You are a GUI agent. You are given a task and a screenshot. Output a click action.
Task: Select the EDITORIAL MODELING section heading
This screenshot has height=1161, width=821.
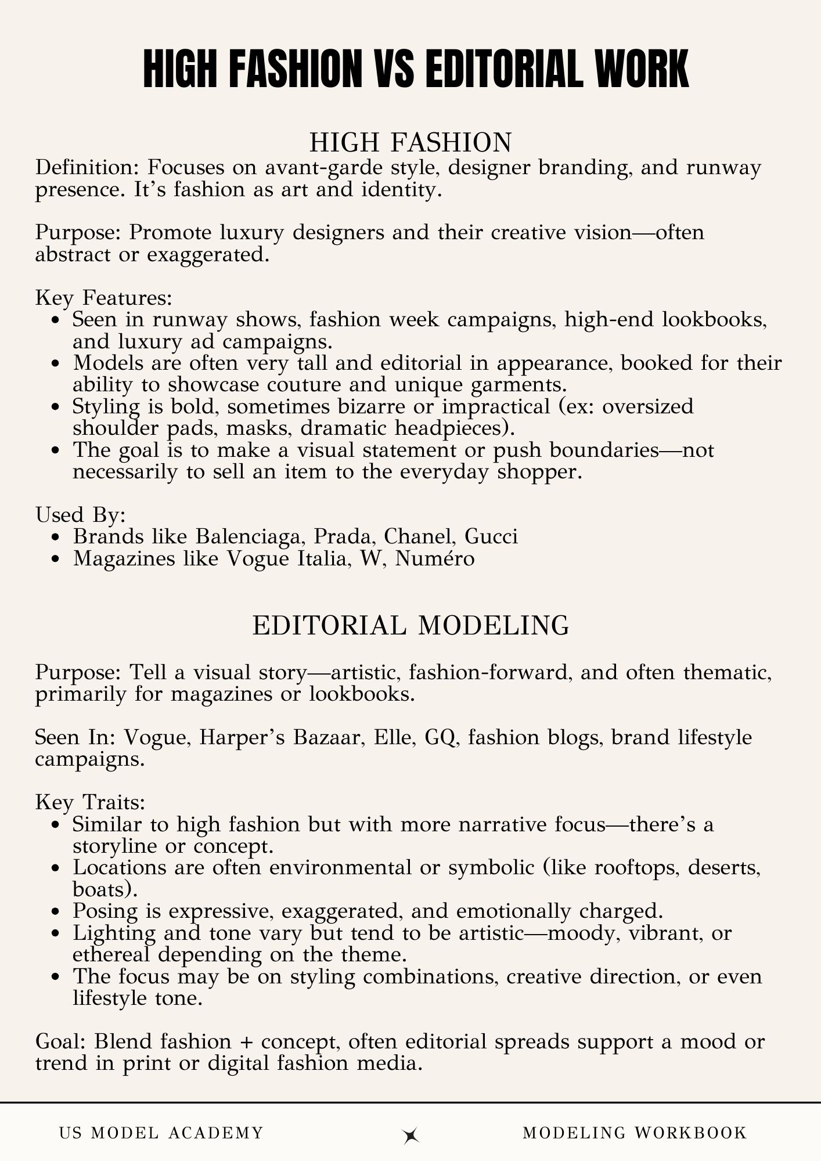click(x=410, y=626)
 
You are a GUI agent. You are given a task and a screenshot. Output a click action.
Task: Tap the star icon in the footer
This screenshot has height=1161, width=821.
click(x=411, y=1136)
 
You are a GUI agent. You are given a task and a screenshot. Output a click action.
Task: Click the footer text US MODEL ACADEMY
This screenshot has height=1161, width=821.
click(x=161, y=1133)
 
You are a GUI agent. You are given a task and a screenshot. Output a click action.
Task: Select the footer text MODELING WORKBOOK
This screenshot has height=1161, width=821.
click(x=635, y=1133)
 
